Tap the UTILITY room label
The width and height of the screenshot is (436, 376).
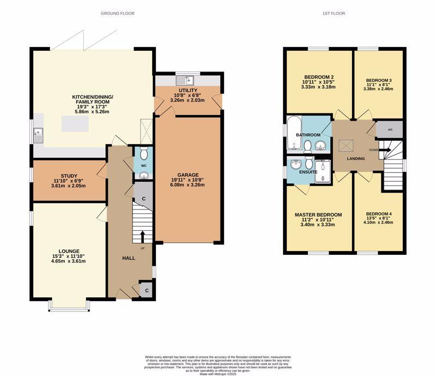click(x=187, y=90)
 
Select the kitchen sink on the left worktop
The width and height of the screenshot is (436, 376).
click(x=38, y=134)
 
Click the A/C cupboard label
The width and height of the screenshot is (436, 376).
click(x=390, y=130)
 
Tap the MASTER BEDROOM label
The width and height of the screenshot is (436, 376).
click(x=318, y=215)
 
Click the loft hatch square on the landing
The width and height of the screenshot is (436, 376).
click(x=346, y=146)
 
